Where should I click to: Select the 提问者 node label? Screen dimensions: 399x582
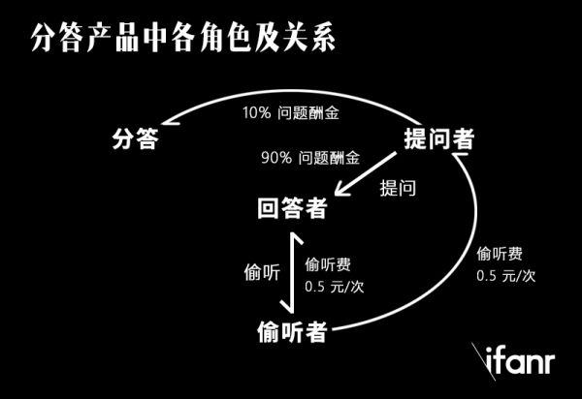438,138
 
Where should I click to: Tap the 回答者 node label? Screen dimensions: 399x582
292,207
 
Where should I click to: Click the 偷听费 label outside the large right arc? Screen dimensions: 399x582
501,255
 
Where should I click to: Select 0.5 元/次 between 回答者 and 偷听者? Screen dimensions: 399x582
336,287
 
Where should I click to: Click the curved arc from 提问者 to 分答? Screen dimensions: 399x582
281,96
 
